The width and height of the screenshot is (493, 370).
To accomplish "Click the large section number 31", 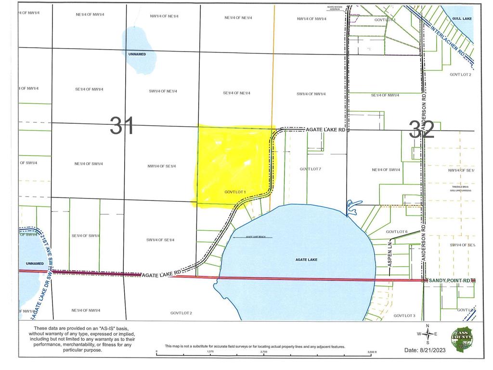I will click(x=122, y=126).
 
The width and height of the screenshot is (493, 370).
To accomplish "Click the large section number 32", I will click(x=422, y=129).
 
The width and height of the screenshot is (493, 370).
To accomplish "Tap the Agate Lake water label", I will click(x=306, y=260).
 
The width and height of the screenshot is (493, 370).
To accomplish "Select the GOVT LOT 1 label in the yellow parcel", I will click(x=235, y=192).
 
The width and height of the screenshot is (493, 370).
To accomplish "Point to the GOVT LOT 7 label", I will click(x=310, y=169).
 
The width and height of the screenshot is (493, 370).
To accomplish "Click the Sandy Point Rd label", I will click(x=449, y=280).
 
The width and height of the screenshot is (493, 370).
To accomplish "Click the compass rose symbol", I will click(x=427, y=334).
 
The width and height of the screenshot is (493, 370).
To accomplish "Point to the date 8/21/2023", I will click(x=426, y=350).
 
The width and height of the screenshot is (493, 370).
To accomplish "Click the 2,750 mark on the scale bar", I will click(x=264, y=352).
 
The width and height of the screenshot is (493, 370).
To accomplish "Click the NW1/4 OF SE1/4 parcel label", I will click(x=162, y=166).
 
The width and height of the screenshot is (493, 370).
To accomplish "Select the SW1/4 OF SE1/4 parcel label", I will click(x=160, y=240).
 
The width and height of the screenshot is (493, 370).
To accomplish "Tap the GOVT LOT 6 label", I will click(x=397, y=232).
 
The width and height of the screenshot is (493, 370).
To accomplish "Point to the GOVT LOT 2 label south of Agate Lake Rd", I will click(x=181, y=313).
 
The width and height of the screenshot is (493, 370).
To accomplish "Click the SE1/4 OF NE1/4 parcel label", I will click(x=236, y=93).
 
